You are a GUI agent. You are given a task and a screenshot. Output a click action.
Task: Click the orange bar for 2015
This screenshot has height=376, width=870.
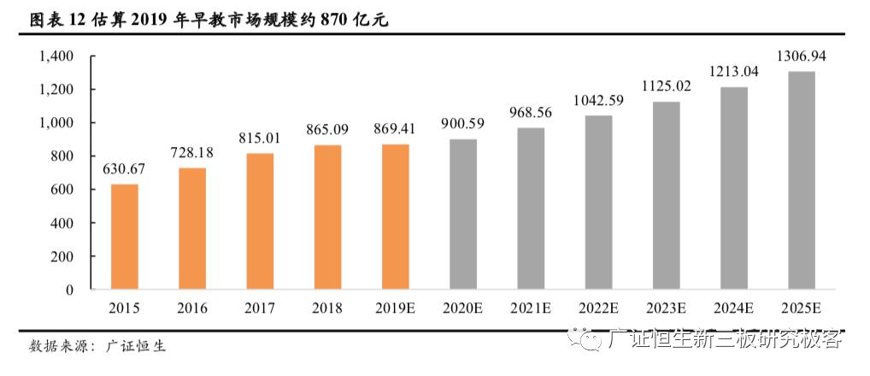coord(125,237)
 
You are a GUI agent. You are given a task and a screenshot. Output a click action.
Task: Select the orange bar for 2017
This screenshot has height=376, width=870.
coord(260,221)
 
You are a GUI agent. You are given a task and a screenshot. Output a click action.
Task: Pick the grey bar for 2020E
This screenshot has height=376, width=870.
coord(463,214)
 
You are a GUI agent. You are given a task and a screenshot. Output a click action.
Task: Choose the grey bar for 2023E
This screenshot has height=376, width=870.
coord(666,196)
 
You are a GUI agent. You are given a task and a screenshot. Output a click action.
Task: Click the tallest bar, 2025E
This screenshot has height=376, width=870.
coord(801,180)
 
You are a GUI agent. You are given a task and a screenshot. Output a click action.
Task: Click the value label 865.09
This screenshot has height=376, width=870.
coord(327,130)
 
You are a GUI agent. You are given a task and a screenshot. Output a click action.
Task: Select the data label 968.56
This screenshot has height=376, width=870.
coord(531,113)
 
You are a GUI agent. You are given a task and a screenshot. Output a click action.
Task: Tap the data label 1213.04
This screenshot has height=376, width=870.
coord(733,72)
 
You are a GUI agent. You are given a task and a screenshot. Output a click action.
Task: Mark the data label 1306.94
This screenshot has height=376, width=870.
coord(801,56)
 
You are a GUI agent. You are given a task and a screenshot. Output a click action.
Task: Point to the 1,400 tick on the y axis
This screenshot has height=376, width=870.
coord(56,56)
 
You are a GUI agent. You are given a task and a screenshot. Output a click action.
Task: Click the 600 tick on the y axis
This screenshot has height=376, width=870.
coord(62,190)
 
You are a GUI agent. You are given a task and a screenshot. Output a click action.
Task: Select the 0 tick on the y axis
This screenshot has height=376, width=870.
coord(70,290)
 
